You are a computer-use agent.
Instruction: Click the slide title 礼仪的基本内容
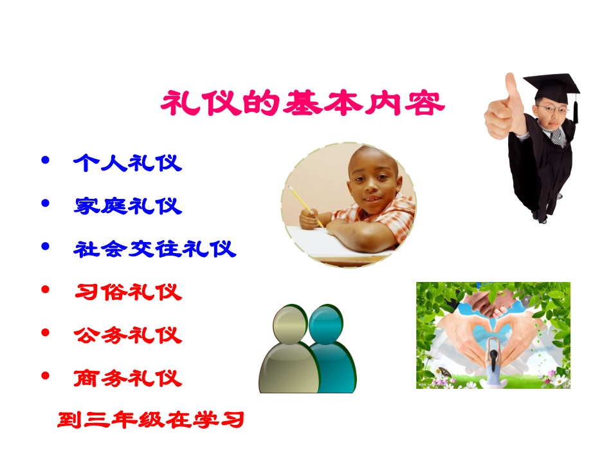pyautogui.click(x=302, y=104)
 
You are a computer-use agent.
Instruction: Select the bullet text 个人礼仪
pyautogui.click(x=127, y=163)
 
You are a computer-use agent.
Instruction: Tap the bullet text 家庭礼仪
pyautogui.click(x=127, y=206)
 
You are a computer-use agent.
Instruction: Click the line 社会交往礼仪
pyautogui.click(x=155, y=248)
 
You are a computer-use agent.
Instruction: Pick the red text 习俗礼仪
pyautogui.click(x=127, y=292)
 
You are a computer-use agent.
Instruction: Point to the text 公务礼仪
pyautogui.click(x=127, y=335)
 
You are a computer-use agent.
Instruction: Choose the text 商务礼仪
pyautogui.click(x=127, y=378)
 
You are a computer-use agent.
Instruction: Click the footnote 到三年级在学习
pyautogui.click(x=151, y=421)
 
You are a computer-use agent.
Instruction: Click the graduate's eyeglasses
pyautogui.click(x=552, y=110)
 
